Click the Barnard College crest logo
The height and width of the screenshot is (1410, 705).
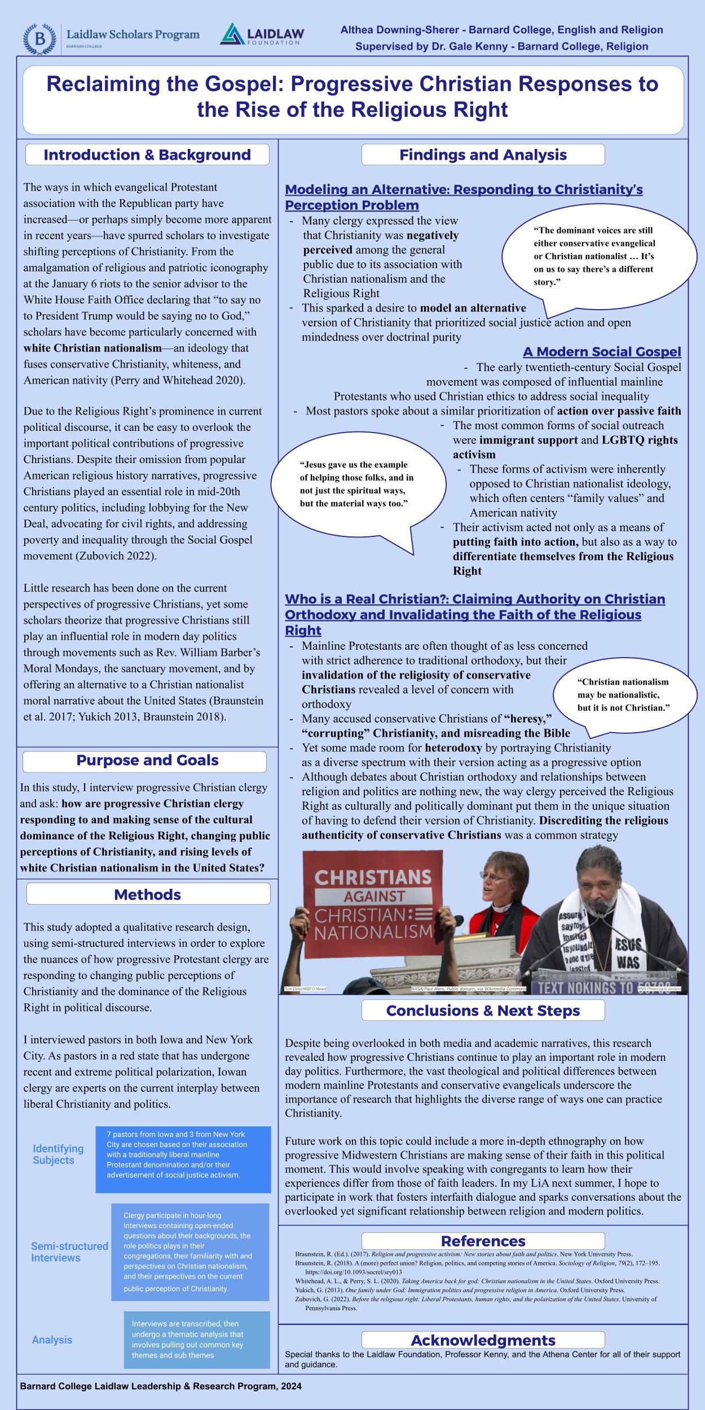tap(39, 39)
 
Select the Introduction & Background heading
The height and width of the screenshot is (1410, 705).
tap(147, 155)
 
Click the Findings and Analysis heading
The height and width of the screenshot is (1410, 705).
tap(483, 155)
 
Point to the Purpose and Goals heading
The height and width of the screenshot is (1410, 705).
tap(147, 760)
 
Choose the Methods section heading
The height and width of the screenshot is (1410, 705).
tap(147, 895)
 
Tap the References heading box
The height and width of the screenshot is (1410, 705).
tap(483, 1241)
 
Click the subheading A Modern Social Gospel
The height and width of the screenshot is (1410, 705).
tap(602, 352)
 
